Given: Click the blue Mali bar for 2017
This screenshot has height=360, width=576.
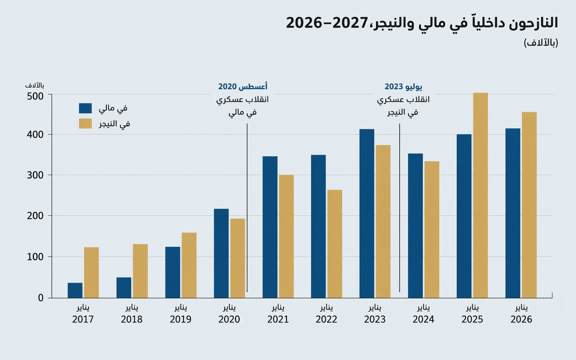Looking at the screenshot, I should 75,290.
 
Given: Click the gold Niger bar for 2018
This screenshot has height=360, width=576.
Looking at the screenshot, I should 140,271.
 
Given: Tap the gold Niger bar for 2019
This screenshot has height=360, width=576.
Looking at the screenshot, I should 189,265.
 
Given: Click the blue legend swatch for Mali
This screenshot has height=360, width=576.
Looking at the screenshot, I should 85,108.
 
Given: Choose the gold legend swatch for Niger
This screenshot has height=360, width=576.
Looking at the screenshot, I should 85,124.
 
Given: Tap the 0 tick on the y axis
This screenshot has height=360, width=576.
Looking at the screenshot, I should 41,298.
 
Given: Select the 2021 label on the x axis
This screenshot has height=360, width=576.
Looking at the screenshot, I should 278,319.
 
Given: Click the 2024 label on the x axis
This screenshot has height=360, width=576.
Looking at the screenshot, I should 423,319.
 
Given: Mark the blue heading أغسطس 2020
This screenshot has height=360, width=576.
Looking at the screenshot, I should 243,86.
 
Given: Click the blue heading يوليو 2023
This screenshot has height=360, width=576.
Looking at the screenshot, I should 403,86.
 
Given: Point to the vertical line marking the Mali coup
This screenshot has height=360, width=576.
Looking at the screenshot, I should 247,207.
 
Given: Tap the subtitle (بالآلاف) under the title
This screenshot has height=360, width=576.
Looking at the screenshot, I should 541,43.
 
